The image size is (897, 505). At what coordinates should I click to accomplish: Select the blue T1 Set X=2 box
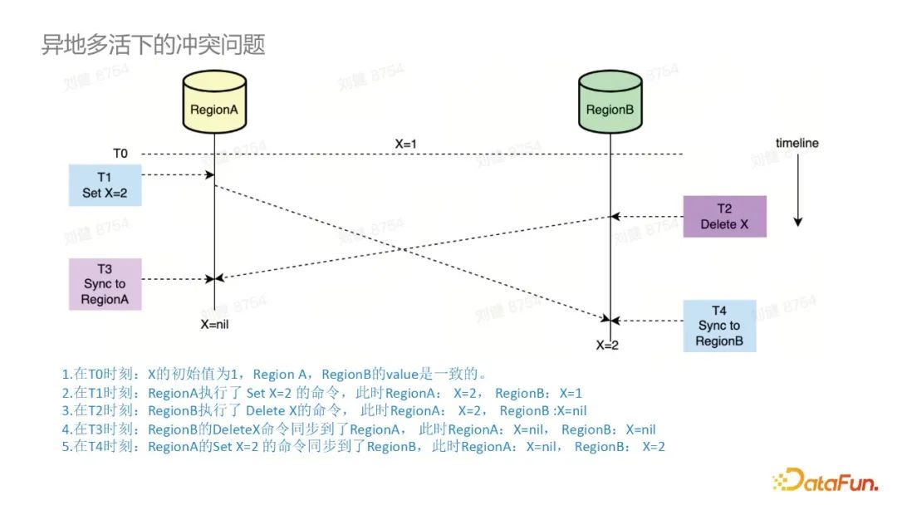pos(105,184)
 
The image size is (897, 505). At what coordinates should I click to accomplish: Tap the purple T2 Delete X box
pos(724,217)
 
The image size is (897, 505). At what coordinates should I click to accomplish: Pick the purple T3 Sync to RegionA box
pos(105,284)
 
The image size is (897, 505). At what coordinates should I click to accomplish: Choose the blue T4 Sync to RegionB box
pos(719,326)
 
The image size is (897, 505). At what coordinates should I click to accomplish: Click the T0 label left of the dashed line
pos(121,154)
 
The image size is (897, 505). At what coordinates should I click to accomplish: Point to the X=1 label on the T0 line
pos(406,144)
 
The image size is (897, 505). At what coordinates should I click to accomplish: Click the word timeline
pos(797,143)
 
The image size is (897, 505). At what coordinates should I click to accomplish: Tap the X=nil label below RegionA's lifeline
pos(214,324)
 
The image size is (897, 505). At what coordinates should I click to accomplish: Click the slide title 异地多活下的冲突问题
pos(154,45)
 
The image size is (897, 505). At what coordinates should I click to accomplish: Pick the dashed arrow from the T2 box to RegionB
pos(647,216)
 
